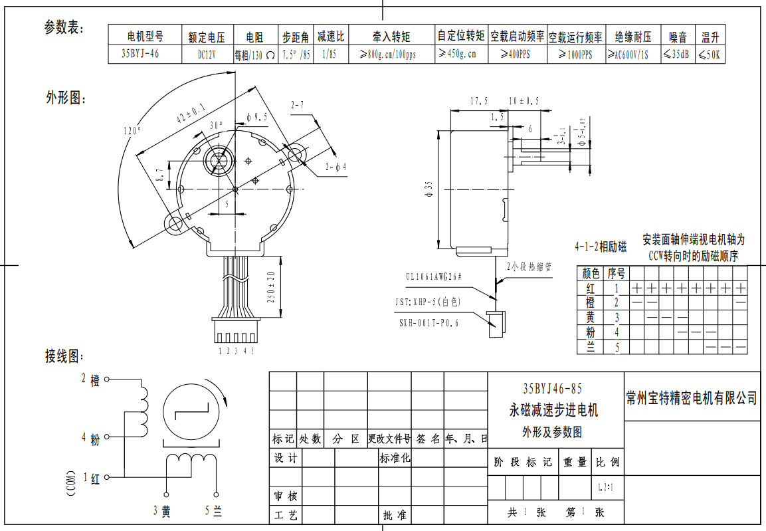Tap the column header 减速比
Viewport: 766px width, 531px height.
(x=330, y=36)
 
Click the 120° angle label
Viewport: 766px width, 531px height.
(x=132, y=131)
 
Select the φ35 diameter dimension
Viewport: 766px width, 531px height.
(x=429, y=190)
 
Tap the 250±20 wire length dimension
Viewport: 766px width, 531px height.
(x=271, y=288)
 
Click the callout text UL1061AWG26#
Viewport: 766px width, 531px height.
(x=434, y=276)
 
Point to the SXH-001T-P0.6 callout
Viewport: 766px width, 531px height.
(x=429, y=322)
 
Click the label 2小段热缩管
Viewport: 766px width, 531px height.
(x=529, y=266)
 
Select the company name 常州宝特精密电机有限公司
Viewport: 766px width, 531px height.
(x=692, y=398)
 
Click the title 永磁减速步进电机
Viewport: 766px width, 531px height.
(x=553, y=410)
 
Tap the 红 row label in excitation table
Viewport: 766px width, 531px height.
(x=591, y=288)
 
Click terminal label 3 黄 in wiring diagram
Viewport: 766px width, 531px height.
(x=162, y=511)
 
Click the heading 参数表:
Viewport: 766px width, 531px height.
(x=64, y=27)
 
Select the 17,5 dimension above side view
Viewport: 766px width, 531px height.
(x=478, y=101)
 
